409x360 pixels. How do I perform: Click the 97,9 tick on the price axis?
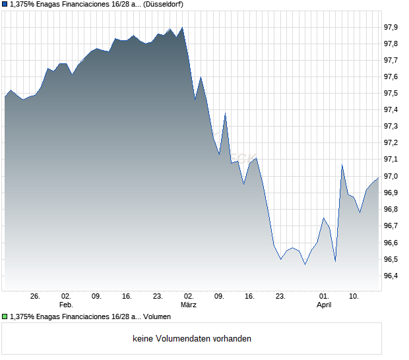pyautogui.click(x=391, y=27)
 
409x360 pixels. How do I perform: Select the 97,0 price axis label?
pyautogui.click(x=391, y=176)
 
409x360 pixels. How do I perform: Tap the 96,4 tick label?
pyautogui.click(x=391, y=276)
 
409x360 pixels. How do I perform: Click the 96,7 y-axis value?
pyautogui.click(x=391, y=225)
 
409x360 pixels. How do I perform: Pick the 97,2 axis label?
pyautogui.click(x=391, y=143)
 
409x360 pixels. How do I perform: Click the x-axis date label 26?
pyautogui.click(x=36, y=297)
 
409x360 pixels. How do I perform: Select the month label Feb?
pyautogui.click(x=66, y=305)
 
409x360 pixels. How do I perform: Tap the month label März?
pyautogui.click(x=189, y=305)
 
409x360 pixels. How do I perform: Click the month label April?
pyautogui.click(x=324, y=305)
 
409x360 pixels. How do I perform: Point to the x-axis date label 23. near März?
pyautogui.click(x=281, y=297)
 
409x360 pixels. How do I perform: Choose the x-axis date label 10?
pyautogui.click(x=354, y=297)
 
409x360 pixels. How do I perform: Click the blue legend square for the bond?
pyautogui.click(x=5, y=5)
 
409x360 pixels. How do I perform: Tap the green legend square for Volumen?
pyautogui.click(x=5, y=317)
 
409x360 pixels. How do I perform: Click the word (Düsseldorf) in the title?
pyautogui.click(x=164, y=5)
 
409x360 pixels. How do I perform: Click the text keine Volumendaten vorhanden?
pyautogui.click(x=192, y=339)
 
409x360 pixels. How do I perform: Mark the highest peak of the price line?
pyautogui.click(x=182, y=28)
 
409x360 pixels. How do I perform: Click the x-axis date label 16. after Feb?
pyautogui.click(x=127, y=297)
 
